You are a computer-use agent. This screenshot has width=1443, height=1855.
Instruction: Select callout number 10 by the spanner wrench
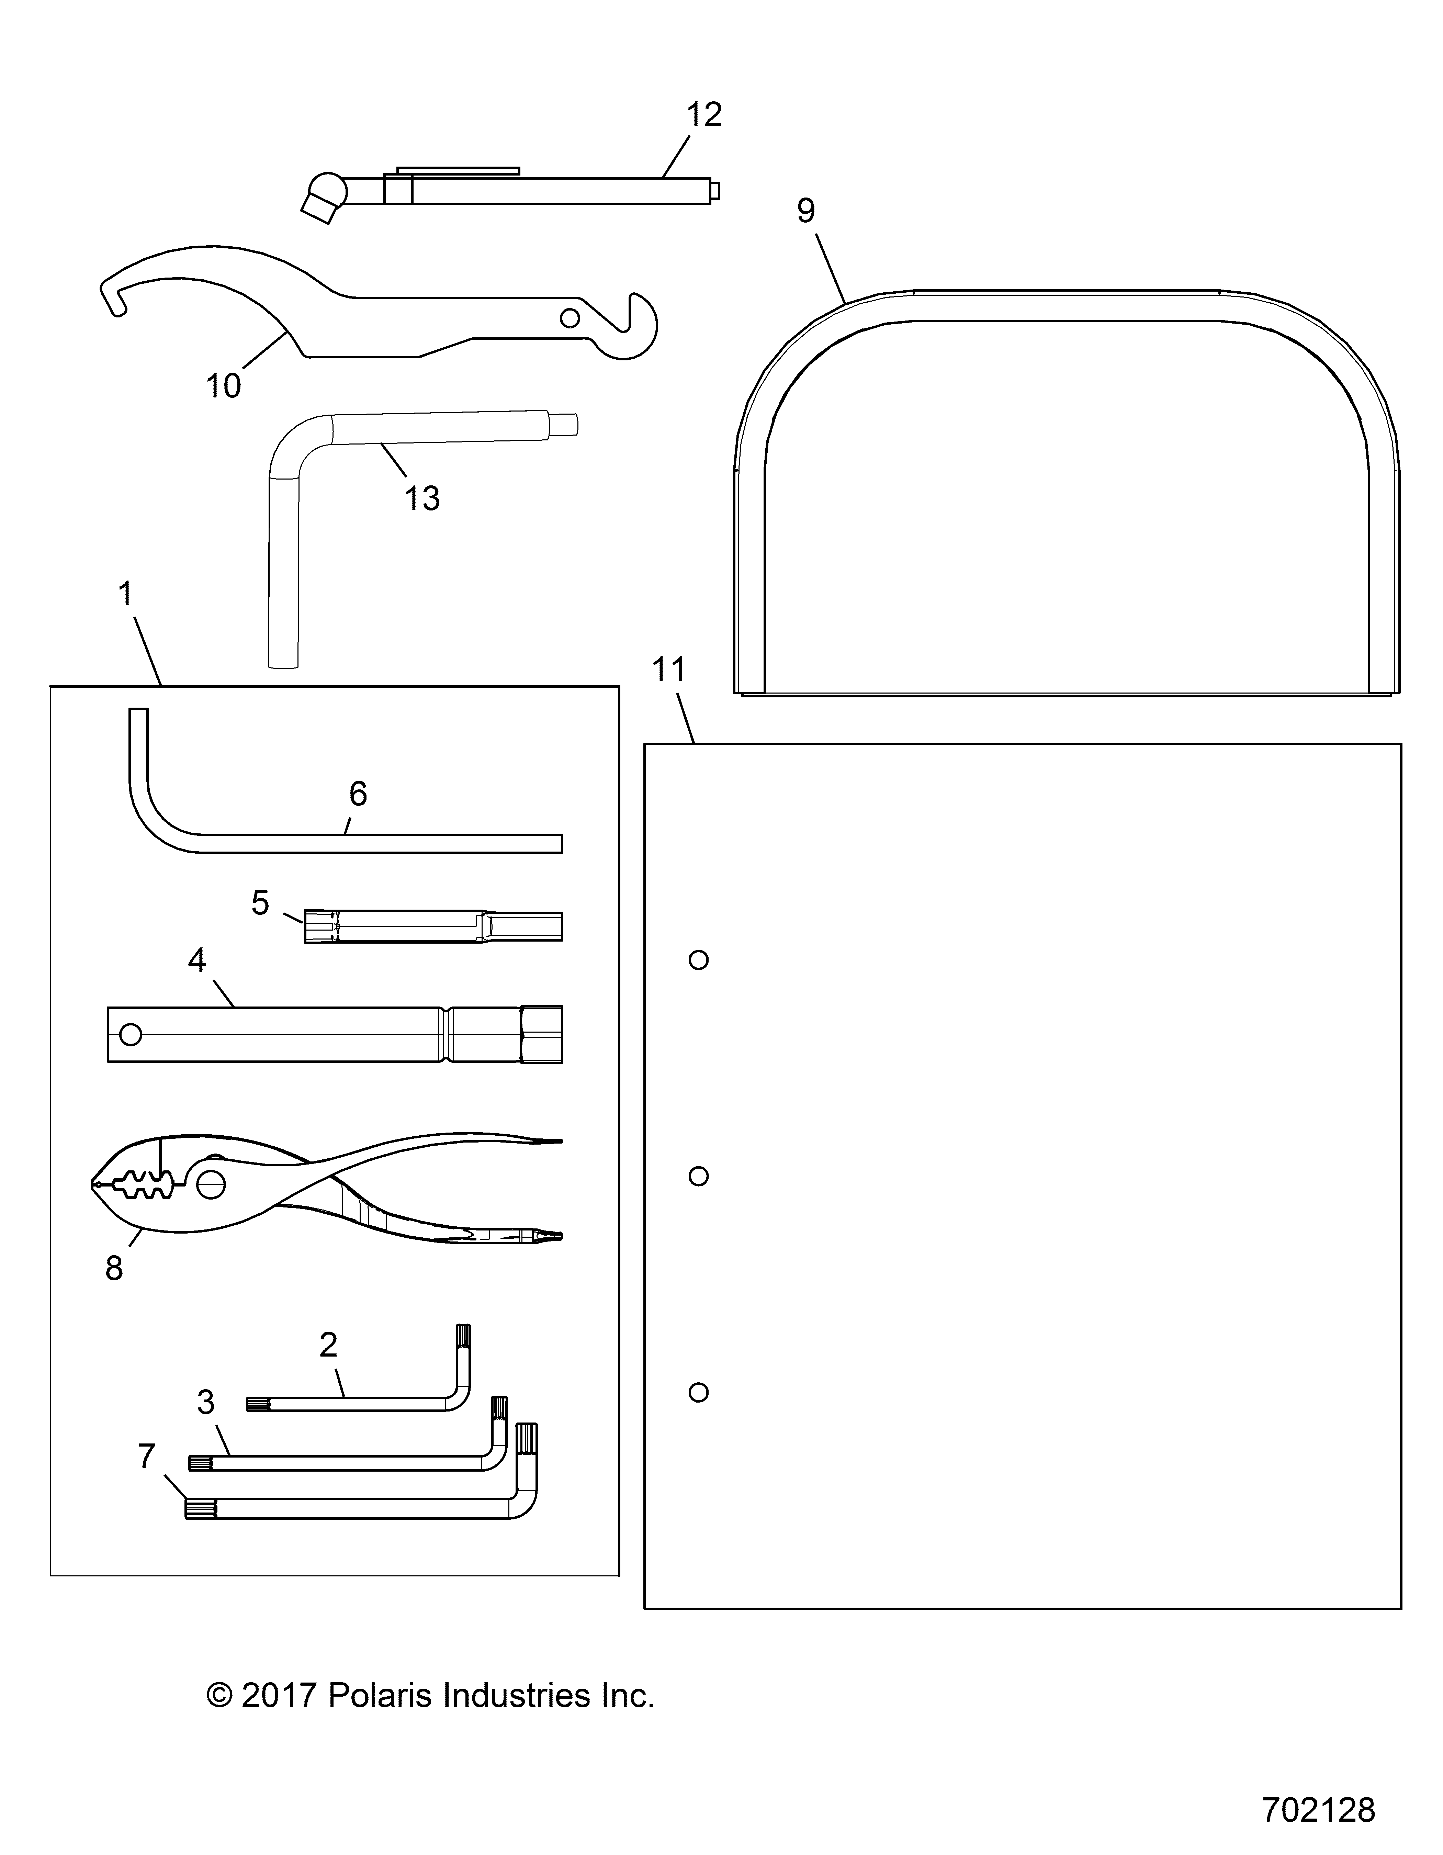223,386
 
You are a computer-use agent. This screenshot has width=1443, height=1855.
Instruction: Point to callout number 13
422,498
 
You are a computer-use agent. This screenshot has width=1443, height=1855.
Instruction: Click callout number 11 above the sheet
668,670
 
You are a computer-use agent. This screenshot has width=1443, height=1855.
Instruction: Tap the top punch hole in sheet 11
698,960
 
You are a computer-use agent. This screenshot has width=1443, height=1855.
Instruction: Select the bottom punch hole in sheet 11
698,1392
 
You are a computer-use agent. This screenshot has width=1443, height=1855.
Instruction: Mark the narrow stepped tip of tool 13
564,422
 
